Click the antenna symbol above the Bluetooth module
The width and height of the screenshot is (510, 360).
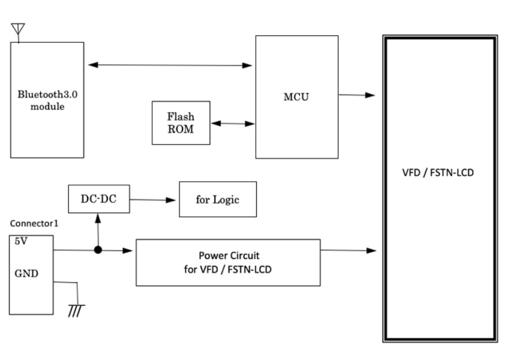click(18, 30)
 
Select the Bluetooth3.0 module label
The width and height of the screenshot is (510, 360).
click(47, 100)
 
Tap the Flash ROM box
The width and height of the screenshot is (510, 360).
click(181, 123)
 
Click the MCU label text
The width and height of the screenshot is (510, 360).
click(296, 96)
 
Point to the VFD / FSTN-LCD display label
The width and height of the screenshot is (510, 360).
click(438, 172)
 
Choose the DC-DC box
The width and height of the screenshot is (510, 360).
click(99, 199)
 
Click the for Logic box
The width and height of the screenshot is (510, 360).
click(217, 200)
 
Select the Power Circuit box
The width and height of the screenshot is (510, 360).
click(228, 262)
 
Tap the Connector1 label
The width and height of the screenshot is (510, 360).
click(34, 223)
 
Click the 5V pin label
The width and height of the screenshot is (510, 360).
click(20, 242)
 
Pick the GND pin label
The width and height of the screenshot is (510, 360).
click(27, 273)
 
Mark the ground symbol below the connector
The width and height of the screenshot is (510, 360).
click(76, 310)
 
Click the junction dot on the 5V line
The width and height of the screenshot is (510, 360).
click(98, 250)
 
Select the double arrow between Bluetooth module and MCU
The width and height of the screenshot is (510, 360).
click(170, 65)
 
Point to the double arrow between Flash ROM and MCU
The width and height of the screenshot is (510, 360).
click(232, 123)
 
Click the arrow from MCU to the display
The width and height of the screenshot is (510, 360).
click(357, 95)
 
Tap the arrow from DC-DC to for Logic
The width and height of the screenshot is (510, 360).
click(153, 200)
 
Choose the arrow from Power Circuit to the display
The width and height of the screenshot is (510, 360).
click(348, 250)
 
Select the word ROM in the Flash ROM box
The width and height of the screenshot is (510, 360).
click(181, 129)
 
